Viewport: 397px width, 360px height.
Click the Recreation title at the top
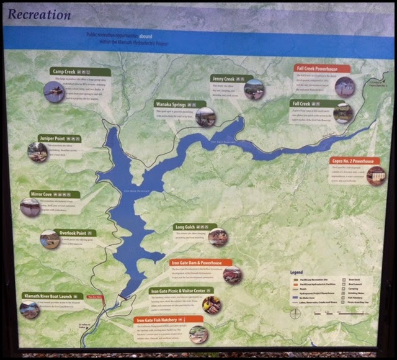point(40,14)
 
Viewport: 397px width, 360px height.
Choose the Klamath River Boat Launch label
point(52,297)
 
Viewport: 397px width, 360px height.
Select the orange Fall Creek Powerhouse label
point(321,68)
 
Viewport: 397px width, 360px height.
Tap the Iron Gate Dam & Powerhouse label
point(201,263)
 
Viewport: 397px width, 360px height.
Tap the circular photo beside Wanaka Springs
point(205,117)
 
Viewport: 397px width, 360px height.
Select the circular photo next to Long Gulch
point(218,237)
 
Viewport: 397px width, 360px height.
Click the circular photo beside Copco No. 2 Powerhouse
point(376,176)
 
